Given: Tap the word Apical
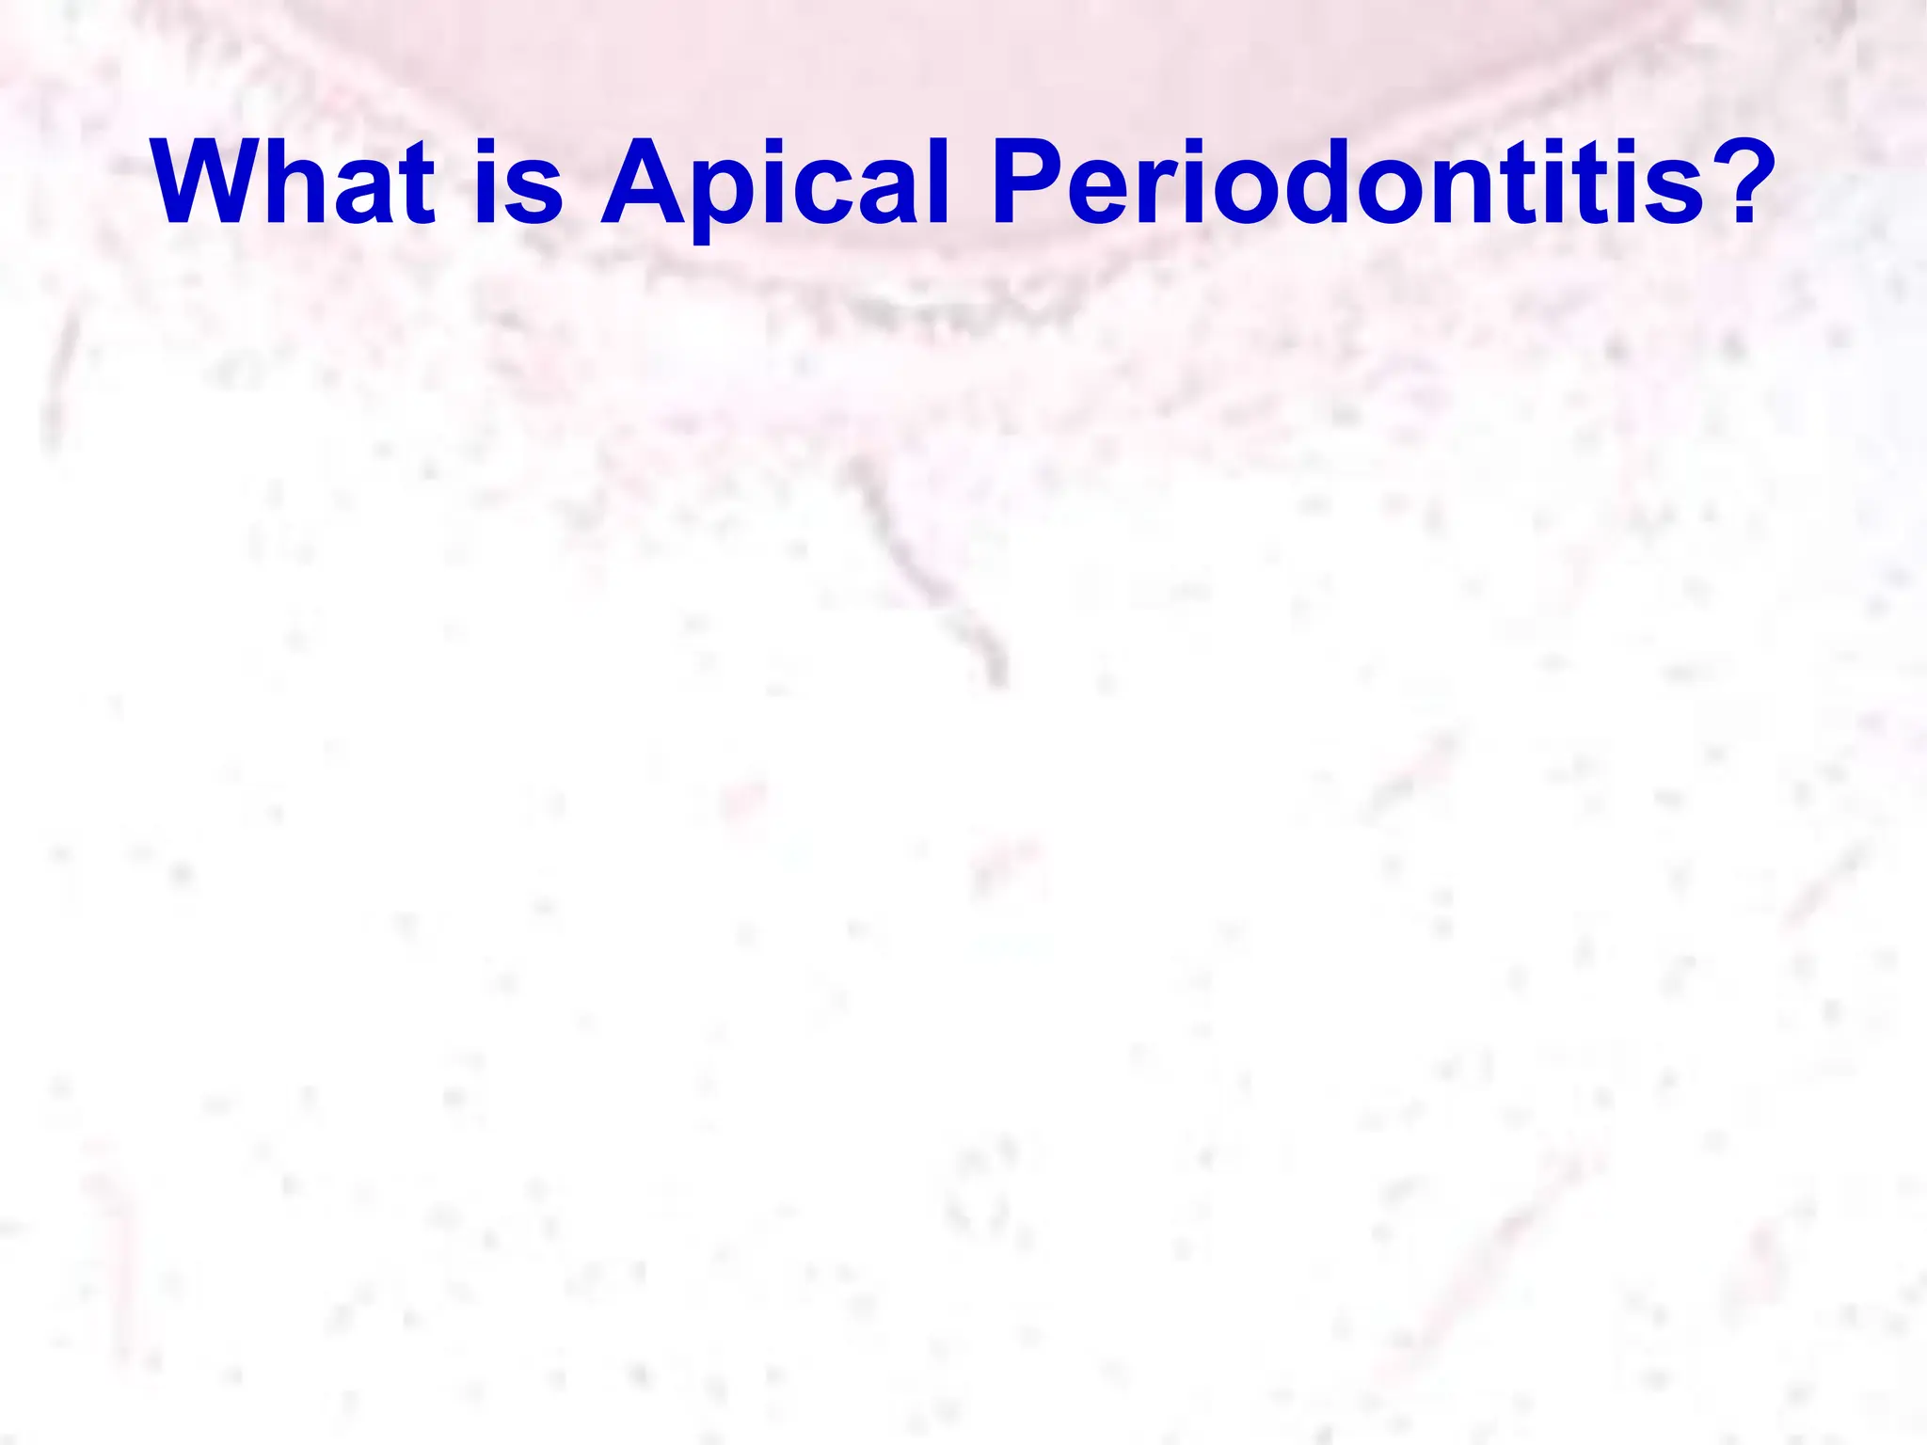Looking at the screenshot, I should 774,183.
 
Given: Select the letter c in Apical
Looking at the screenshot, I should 829,193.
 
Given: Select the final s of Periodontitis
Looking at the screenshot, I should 1675,193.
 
